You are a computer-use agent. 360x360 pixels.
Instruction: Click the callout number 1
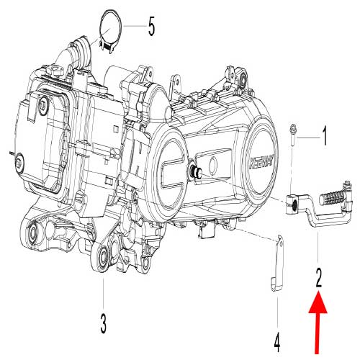(x=324, y=134)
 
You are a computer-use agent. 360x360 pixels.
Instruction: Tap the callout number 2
(x=318, y=274)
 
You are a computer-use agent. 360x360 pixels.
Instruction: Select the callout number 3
(x=103, y=323)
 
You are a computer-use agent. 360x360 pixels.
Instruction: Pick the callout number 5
(x=151, y=28)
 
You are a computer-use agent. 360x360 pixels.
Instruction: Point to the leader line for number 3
(x=103, y=292)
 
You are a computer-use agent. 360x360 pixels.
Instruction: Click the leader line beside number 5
(x=135, y=27)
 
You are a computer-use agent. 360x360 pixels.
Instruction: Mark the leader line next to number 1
(x=308, y=135)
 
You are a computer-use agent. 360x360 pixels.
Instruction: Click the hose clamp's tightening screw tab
(x=107, y=47)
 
